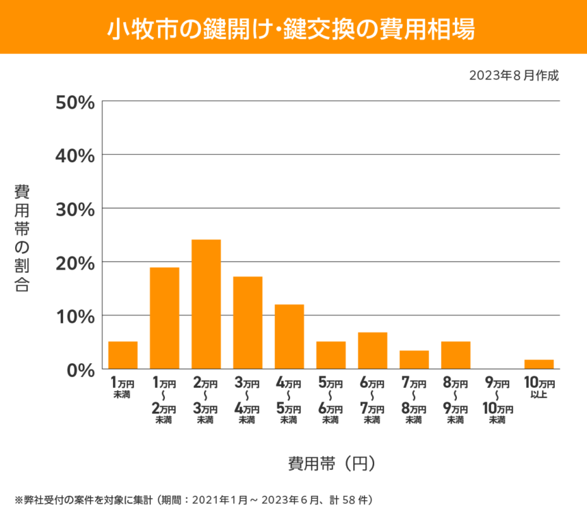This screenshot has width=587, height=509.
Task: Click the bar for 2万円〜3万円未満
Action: pos(206,304)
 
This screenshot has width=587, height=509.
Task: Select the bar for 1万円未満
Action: pos(123,355)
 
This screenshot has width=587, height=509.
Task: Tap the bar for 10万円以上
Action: pos(539,364)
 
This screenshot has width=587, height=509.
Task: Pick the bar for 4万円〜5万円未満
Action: pos(289,337)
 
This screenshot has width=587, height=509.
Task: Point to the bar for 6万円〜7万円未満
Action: pos(373,350)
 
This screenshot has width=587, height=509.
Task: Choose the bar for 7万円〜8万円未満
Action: pos(414,359)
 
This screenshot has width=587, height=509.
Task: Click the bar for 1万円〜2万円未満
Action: pos(164,318)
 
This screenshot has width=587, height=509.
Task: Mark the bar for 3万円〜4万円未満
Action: pos(248,322)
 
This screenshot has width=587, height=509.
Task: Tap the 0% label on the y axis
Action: pos(79,370)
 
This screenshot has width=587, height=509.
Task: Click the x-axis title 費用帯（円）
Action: pos(331,463)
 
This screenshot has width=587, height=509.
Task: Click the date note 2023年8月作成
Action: pos(514,75)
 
